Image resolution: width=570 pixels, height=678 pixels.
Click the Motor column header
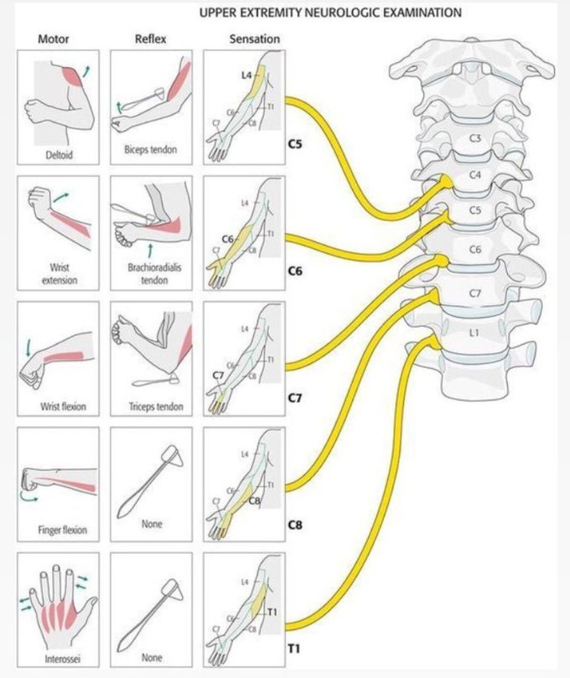(x=54, y=39)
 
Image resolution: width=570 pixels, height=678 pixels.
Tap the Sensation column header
(x=254, y=39)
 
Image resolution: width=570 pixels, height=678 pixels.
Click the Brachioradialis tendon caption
(x=151, y=273)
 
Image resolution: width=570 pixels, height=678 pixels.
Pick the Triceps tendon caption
(x=151, y=406)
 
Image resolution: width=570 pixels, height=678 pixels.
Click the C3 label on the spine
(x=474, y=137)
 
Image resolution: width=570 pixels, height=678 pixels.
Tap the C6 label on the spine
(x=474, y=250)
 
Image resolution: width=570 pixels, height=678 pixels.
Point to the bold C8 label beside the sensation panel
(x=295, y=525)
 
